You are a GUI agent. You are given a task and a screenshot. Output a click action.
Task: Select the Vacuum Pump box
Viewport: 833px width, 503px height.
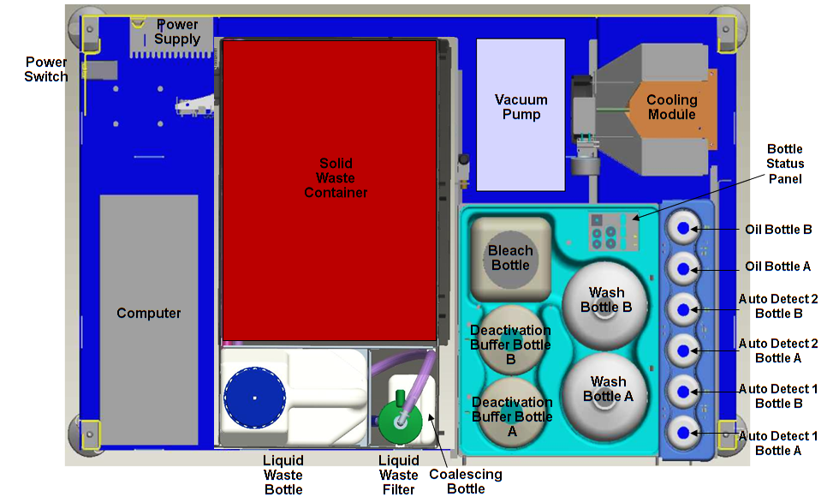click(x=521, y=115)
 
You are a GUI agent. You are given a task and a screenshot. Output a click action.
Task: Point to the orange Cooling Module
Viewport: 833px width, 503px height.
click(x=671, y=107)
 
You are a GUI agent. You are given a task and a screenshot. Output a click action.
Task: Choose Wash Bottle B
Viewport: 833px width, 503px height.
click(x=606, y=300)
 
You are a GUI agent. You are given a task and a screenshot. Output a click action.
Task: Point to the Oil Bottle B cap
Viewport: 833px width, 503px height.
click(x=683, y=228)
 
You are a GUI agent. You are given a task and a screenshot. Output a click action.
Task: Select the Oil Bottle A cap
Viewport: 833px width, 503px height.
click(x=683, y=269)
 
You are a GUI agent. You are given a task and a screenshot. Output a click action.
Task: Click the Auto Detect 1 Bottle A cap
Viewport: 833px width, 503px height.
click(x=683, y=432)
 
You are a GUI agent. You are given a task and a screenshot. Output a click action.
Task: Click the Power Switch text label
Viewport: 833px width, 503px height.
click(x=46, y=69)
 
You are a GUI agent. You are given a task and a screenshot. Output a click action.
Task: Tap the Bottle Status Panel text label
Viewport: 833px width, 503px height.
click(x=784, y=164)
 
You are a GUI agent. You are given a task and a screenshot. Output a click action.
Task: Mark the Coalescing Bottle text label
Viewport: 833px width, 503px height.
click(x=465, y=482)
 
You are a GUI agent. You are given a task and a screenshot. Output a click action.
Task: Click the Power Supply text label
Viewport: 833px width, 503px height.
click(x=177, y=32)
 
